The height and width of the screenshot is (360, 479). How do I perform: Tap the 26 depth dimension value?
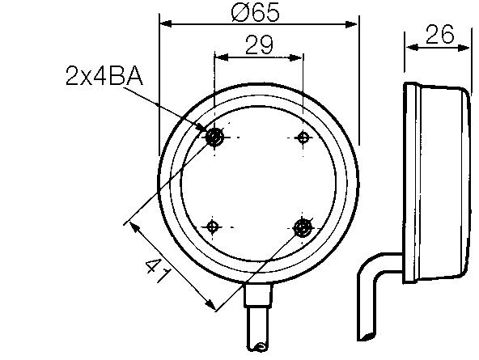point(438,34)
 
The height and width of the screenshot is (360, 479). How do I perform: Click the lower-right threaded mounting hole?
point(303,227)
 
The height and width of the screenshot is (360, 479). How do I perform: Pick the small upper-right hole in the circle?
point(303,137)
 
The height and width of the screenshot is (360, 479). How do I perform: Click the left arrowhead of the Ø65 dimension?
point(165,24)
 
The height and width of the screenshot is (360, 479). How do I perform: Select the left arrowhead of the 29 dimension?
point(218,58)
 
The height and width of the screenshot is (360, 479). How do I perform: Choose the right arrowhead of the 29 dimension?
point(298,58)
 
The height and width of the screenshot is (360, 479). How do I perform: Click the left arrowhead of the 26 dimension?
point(410,48)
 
